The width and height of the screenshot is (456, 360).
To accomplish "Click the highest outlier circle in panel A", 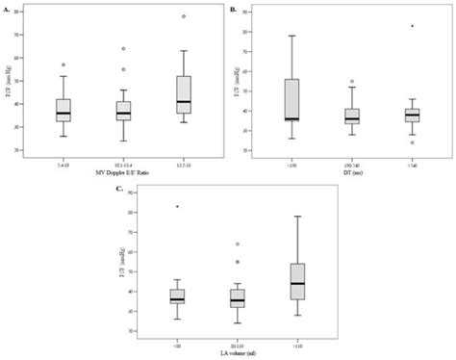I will click(184, 16).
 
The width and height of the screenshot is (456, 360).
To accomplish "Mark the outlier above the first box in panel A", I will click(63, 64).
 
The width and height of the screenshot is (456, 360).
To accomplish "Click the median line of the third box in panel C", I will click(298, 283).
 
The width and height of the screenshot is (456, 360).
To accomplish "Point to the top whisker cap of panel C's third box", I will click(298, 217).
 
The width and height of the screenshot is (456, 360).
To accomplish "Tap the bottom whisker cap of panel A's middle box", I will click(123, 141).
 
